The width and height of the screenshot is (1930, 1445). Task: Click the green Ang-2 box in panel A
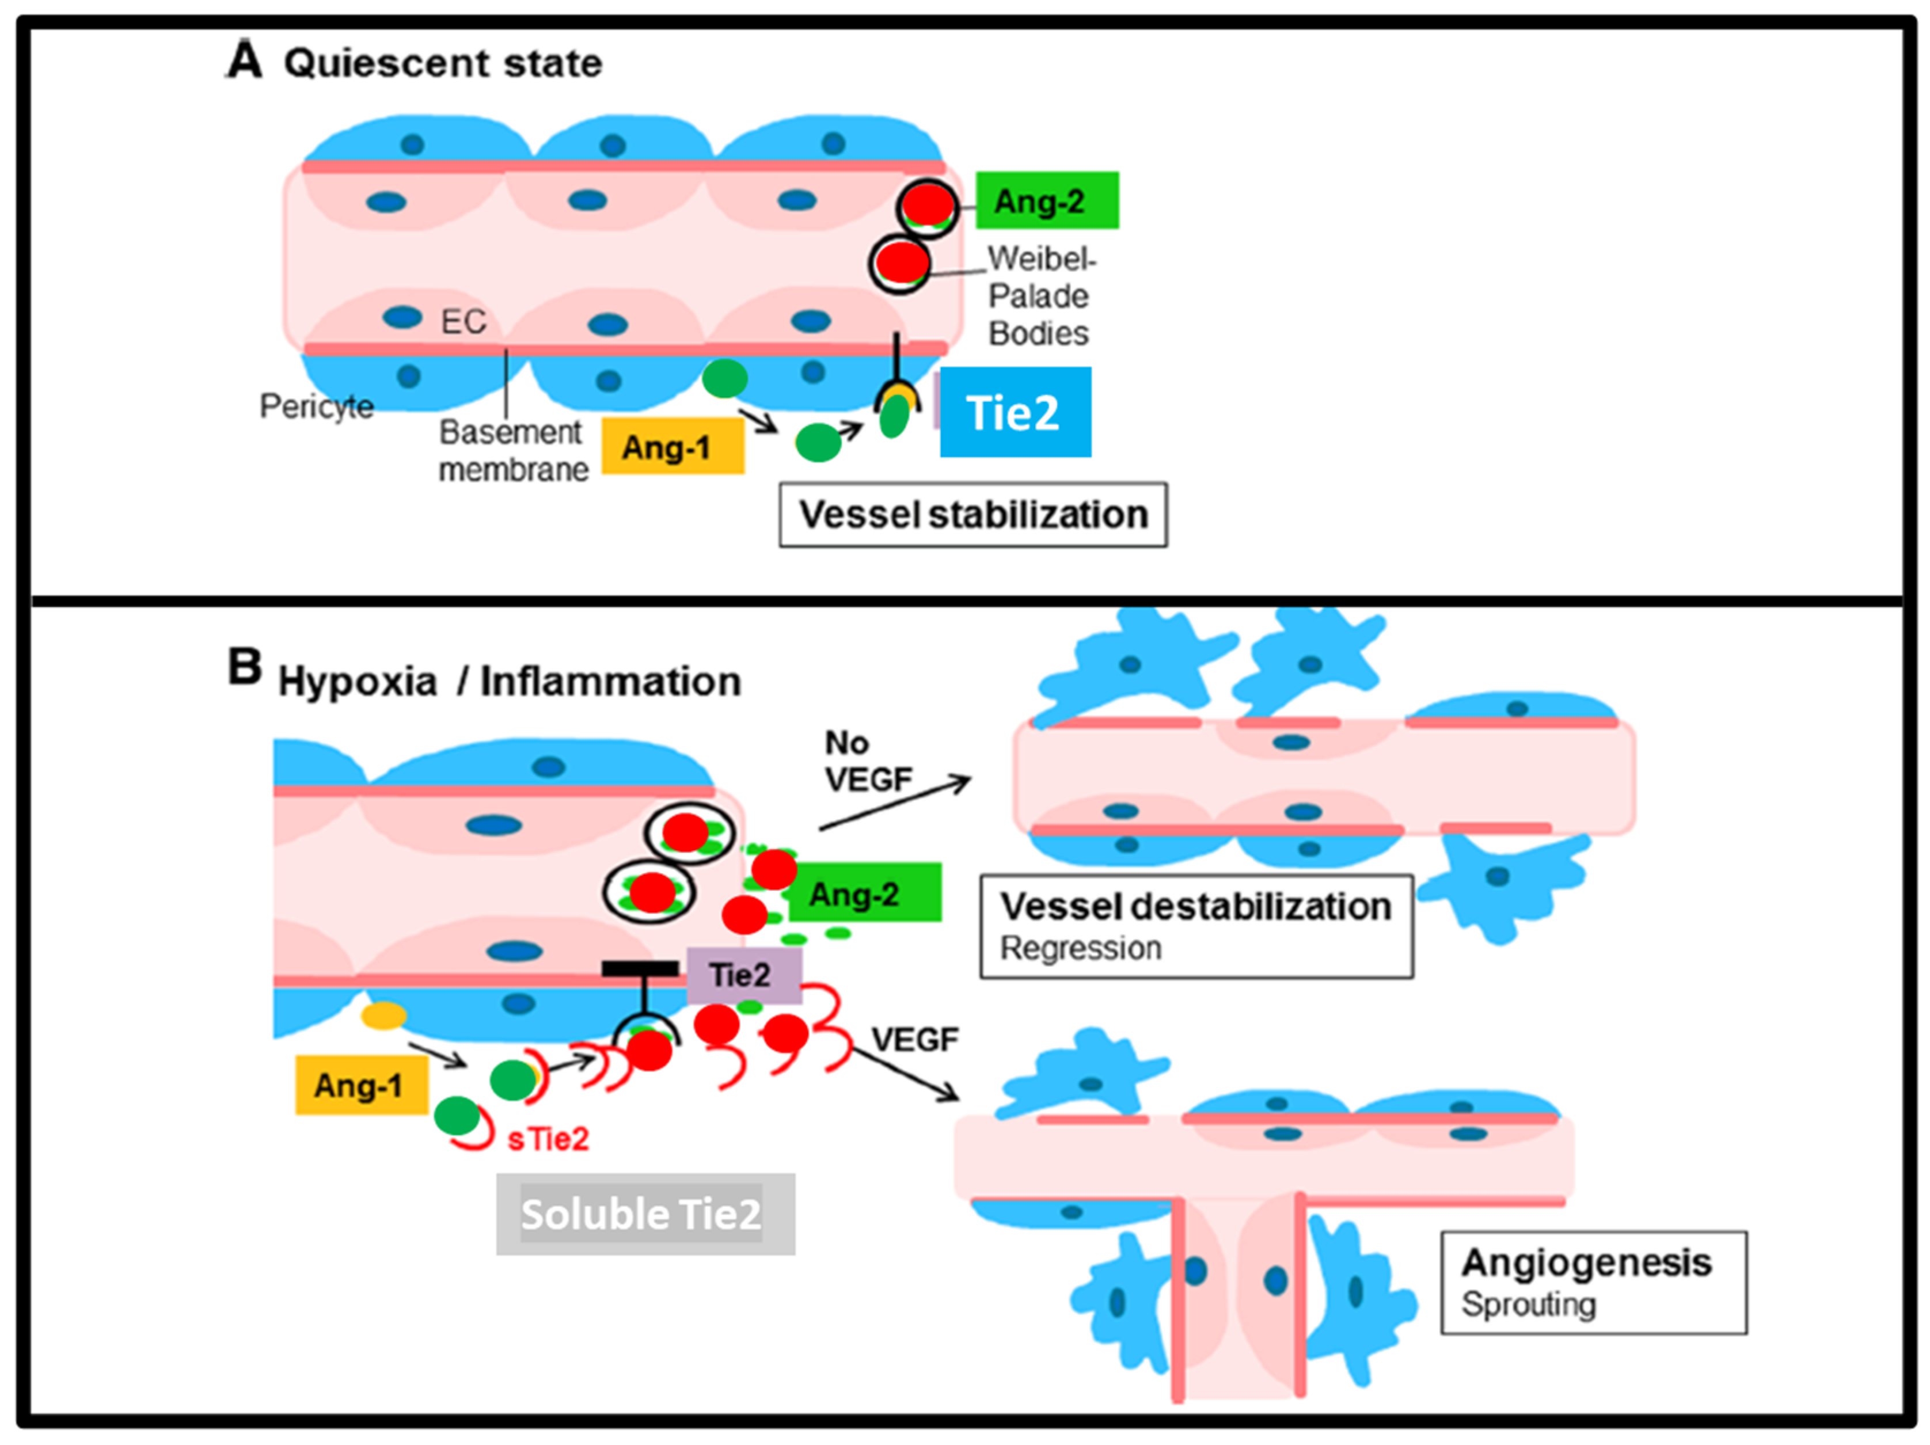pyautogui.click(x=1046, y=201)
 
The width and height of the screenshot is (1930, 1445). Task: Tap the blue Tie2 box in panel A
pyautogui.click(x=1014, y=412)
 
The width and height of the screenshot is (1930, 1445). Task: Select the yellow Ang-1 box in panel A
pyautogui.click(x=672, y=446)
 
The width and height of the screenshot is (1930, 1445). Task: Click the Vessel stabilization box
pyautogui.click(x=973, y=515)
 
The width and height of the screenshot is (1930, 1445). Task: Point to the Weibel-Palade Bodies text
pyautogui.click(x=1039, y=296)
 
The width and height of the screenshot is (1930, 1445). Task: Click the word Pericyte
pyautogui.click(x=316, y=406)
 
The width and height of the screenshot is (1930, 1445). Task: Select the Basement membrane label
pyautogui.click(x=512, y=450)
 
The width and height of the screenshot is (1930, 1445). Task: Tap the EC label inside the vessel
pyautogui.click(x=462, y=322)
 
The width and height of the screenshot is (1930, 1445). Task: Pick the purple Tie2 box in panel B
pyautogui.click(x=743, y=975)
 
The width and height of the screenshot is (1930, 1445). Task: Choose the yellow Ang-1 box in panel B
pyautogui.click(x=360, y=1085)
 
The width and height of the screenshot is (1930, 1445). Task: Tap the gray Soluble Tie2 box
pyautogui.click(x=645, y=1214)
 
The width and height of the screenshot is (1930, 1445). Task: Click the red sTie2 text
pyautogui.click(x=548, y=1139)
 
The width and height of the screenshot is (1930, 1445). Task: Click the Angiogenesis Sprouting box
pyautogui.click(x=1593, y=1282)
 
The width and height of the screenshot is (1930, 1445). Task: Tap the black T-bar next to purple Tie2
pyautogui.click(x=640, y=968)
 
